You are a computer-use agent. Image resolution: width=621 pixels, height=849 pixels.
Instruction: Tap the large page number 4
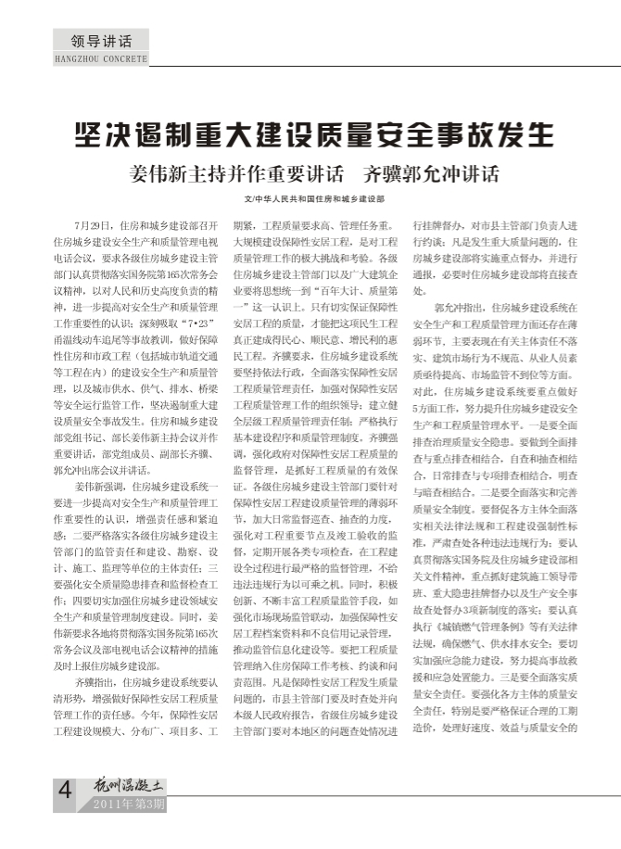click(65, 793)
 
